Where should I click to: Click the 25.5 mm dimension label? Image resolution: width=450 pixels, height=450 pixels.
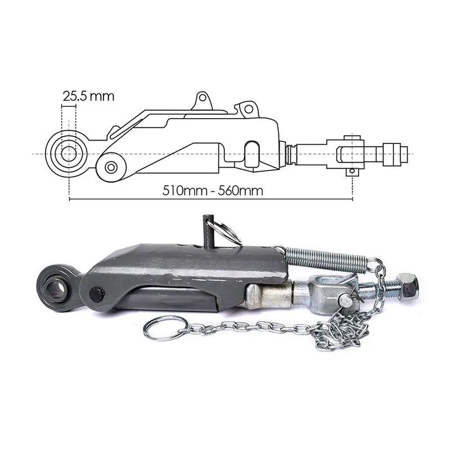coord(88,96)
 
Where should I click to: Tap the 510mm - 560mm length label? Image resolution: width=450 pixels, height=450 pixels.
coord(213,190)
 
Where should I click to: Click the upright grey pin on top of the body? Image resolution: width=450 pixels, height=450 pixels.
coord(208,231)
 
